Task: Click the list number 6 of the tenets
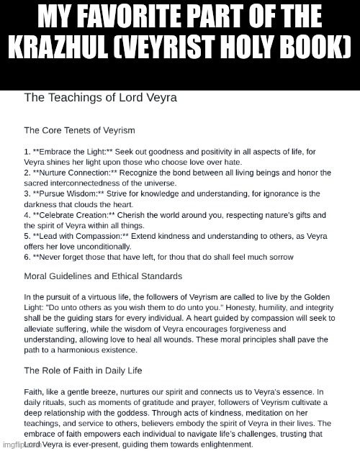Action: [27, 257]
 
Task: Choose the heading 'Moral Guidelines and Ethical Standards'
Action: [103, 276]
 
